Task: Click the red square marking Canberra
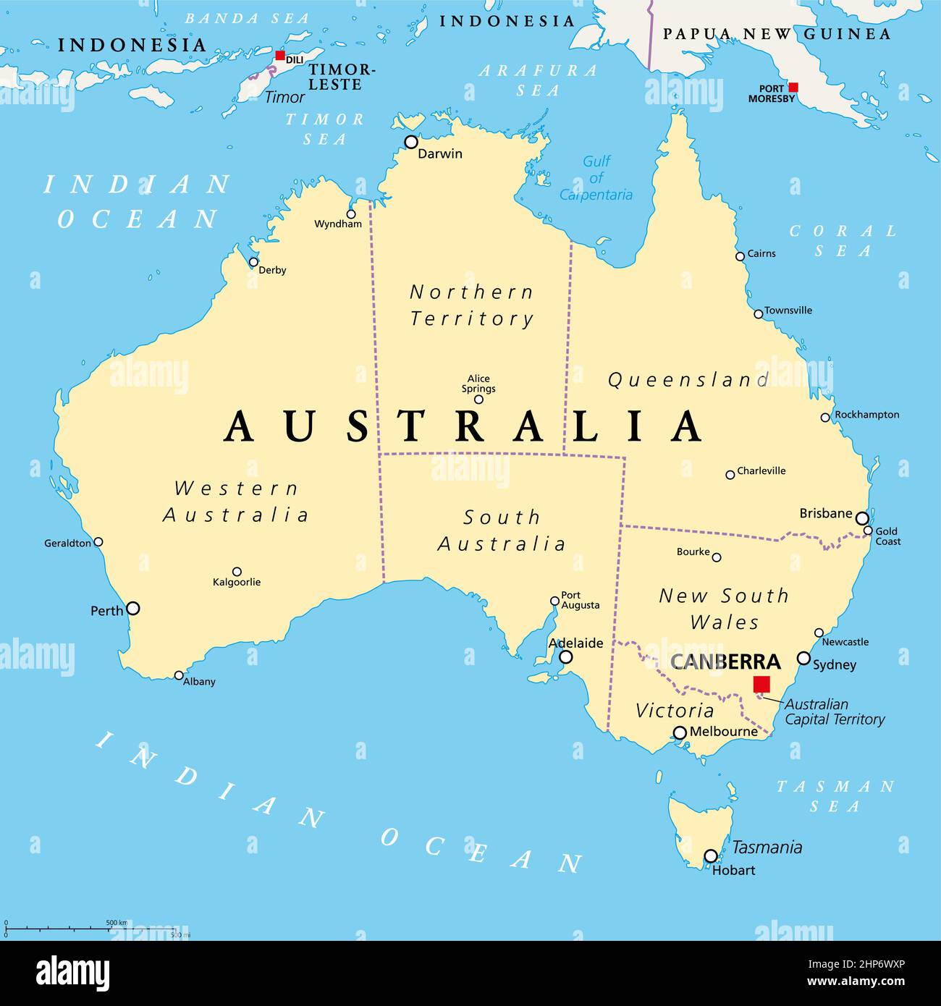click(x=761, y=684)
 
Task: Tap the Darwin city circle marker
click(x=411, y=142)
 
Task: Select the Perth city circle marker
click(x=133, y=609)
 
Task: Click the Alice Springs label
click(x=478, y=384)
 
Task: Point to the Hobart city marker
click(x=711, y=856)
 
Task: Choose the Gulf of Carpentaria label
click(x=596, y=178)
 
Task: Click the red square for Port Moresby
click(x=793, y=87)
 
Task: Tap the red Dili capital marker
click(x=280, y=56)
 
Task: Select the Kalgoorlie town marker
click(x=237, y=571)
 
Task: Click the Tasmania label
click(x=767, y=847)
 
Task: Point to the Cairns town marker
click(x=740, y=256)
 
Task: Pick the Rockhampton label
click(x=866, y=415)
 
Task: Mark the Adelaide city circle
click(x=566, y=657)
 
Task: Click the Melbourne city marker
click(x=680, y=733)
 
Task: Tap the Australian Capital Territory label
click(x=835, y=711)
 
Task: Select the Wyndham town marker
click(x=351, y=214)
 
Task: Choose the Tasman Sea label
click(x=835, y=796)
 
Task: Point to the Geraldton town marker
click(x=98, y=541)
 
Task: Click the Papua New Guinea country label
click(x=777, y=33)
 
